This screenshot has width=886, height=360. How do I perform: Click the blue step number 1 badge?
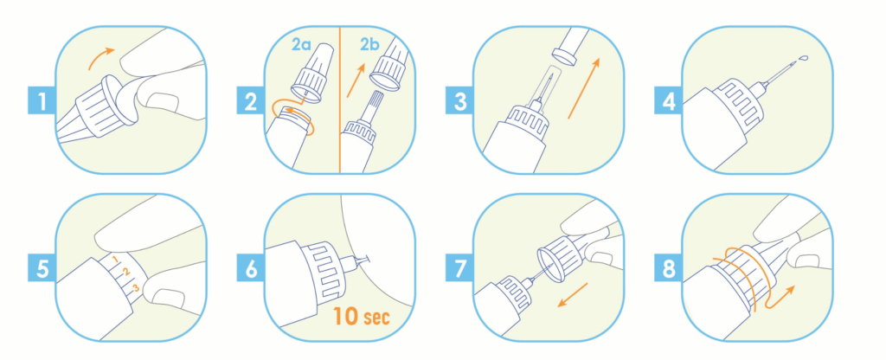click(42, 101)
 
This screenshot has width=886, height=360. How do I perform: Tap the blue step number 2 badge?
click(251, 101)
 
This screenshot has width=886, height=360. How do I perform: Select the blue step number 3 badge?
click(460, 101)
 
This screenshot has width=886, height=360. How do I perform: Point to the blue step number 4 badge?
click(669, 101)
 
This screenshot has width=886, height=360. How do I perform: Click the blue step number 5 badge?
click(42, 268)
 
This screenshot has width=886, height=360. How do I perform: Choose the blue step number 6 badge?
click(251, 268)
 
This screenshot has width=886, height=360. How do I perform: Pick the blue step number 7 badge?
click(460, 268)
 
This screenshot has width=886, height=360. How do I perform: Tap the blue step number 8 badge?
click(669, 268)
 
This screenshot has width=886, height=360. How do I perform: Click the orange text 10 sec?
click(361, 315)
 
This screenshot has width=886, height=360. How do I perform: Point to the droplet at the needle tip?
click(804, 58)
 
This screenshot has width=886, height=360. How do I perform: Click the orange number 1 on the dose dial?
click(115, 260)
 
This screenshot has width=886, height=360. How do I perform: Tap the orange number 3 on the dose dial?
click(136, 289)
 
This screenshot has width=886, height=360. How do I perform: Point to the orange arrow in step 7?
click(573, 295)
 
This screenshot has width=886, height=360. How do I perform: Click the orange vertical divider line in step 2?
click(339, 99)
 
